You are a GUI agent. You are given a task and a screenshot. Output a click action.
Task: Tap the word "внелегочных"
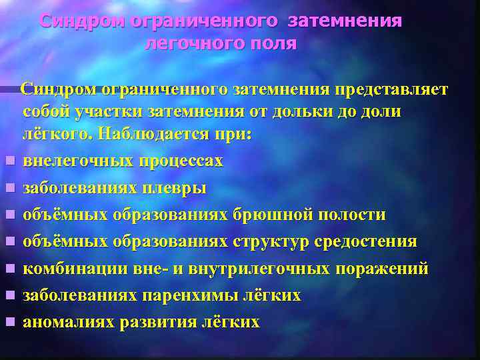pos(79,161)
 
